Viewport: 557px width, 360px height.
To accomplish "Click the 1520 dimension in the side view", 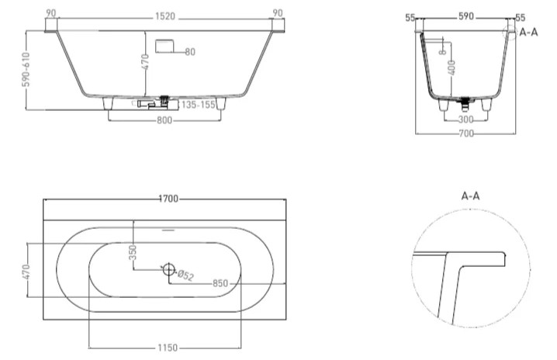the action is pos(165,17).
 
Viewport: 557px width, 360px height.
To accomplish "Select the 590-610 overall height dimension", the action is pos(26,70).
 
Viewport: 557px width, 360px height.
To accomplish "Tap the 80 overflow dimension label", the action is pos(190,52).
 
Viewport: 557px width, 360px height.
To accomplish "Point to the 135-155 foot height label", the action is pos(199,105).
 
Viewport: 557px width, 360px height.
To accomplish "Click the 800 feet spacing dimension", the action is pos(164,120).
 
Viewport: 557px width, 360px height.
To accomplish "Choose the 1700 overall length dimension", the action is pos(168,199).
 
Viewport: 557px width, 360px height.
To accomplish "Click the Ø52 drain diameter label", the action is pos(185,275).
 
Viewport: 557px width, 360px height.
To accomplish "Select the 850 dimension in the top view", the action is pos(220,283).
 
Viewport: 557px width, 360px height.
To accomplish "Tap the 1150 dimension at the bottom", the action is pos(168,348).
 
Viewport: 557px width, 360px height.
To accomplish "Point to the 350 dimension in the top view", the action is pos(133,252).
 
